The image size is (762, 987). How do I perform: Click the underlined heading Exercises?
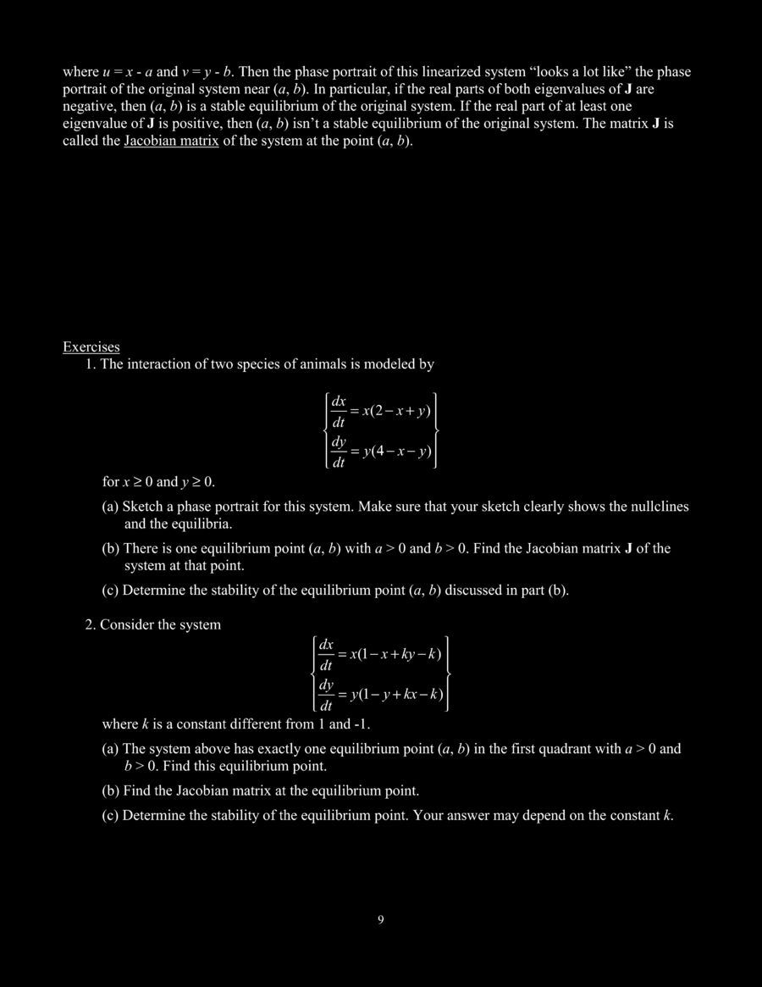[91, 347]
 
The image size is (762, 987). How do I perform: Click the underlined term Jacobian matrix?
[171, 140]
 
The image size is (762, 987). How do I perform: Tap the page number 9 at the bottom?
[381, 920]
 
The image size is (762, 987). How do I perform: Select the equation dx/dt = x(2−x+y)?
[381, 411]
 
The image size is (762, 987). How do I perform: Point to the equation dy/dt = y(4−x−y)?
[381, 452]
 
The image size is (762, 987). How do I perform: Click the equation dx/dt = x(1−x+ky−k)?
[381, 654]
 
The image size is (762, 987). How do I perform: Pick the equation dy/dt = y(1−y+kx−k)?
[381, 695]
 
